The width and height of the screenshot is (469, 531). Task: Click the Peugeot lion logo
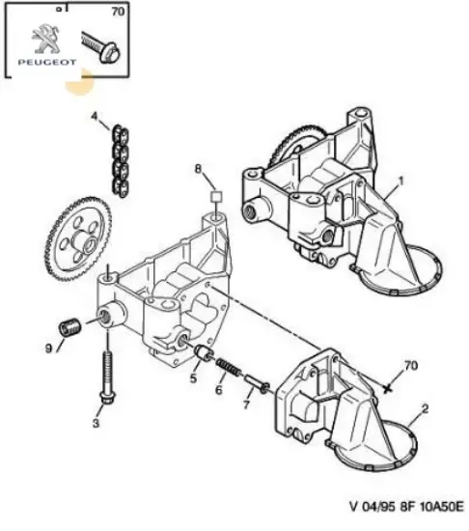tap(45, 39)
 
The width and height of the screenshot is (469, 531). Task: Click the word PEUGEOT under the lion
tap(47, 63)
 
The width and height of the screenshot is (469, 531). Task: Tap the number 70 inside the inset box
tap(118, 12)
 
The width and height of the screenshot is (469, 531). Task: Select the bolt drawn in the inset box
tap(101, 47)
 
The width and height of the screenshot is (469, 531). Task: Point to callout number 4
tap(94, 117)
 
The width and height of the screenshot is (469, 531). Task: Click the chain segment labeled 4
tap(120, 161)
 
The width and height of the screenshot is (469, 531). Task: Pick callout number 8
tap(198, 169)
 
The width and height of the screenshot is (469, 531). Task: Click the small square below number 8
tap(216, 197)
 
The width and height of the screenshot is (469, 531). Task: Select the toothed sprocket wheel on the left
tap(78, 238)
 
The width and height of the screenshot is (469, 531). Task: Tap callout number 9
tap(48, 348)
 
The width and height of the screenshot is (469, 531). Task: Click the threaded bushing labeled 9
tap(70, 327)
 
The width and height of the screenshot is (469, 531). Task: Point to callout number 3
tap(96, 423)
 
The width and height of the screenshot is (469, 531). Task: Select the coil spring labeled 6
tap(229, 367)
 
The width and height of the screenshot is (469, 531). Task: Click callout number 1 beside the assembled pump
tap(401, 182)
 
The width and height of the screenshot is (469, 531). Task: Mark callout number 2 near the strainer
tap(425, 408)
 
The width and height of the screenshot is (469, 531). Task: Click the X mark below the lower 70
tap(388, 389)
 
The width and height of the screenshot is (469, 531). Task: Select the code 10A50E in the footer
tap(441, 507)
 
